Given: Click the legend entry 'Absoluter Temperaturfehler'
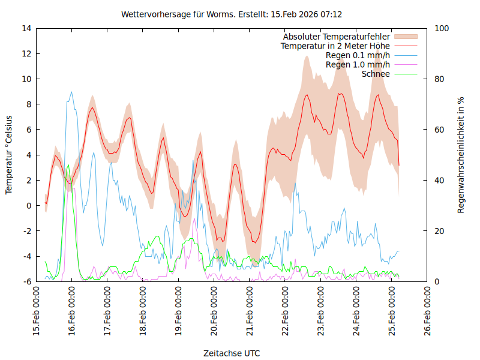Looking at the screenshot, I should point(336,37).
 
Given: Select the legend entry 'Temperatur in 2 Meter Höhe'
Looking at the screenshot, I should point(335,46).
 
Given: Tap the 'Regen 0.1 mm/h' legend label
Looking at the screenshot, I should point(358,55).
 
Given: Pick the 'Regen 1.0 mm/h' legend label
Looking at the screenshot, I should point(358,65).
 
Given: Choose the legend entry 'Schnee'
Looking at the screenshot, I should point(376,74).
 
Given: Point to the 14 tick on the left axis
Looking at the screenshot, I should point(26,28).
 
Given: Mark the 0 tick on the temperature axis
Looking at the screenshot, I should point(29,205).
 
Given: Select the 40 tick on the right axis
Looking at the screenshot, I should point(439,180).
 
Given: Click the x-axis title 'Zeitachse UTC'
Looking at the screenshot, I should point(232,353).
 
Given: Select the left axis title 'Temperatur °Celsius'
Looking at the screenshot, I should point(9,155).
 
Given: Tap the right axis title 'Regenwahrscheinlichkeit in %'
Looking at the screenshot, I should point(461,155).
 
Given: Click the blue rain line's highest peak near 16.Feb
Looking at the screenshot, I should point(71,92).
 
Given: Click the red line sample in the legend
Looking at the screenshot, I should point(405,46).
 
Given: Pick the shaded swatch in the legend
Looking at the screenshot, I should point(405,37).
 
